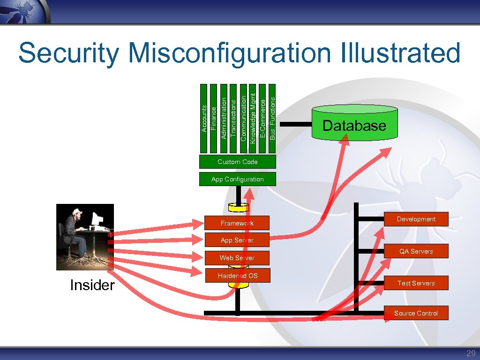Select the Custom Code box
click(237, 162)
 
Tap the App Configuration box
click(237, 179)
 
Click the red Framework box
click(237, 223)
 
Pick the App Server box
click(237, 240)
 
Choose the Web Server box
click(237, 258)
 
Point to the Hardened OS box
click(237, 276)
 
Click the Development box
click(416, 219)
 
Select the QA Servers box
click(416, 251)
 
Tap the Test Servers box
click(416, 283)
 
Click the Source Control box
click(416, 313)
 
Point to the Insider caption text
click(92, 285)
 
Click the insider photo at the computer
click(85, 237)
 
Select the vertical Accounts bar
click(204, 118)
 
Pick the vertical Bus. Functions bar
click(272, 118)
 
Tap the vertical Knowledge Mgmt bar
click(253, 118)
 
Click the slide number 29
click(471, 353)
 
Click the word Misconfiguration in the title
click(229, 52)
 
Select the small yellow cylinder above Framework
click(238, 207)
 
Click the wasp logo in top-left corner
click(24, 10)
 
